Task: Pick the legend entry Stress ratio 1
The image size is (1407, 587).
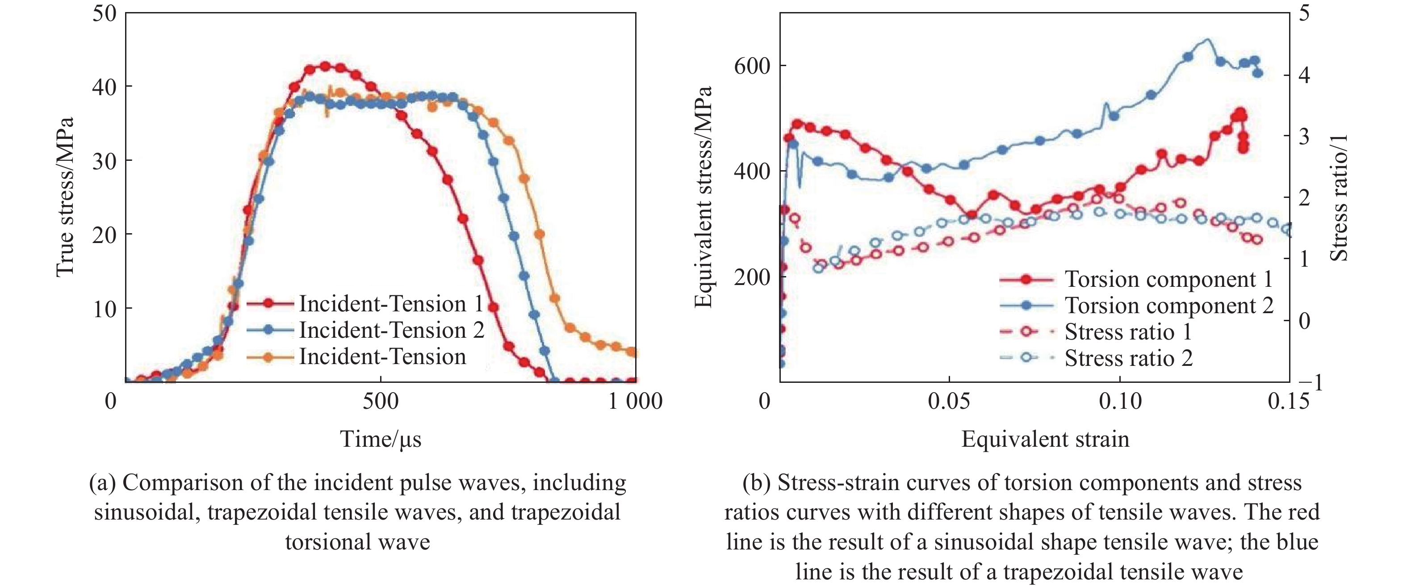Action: point(1127,331)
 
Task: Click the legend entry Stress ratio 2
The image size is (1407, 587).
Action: point(1128,358)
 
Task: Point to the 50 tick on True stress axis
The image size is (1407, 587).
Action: point(105,13)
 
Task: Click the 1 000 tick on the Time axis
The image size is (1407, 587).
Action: point(635,401)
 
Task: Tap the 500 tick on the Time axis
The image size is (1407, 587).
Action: point(381,401)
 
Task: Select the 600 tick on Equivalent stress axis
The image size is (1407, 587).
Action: point(752,66)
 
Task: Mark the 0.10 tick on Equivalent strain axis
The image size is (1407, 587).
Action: point(1120,401)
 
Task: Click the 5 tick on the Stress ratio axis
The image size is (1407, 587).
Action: point(1304,13)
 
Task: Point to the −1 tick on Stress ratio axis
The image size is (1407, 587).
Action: point(1310,383)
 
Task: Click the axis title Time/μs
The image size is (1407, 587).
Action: point(381,439)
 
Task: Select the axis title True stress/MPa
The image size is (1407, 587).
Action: point(64,197)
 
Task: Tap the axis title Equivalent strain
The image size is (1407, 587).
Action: point(1045,439)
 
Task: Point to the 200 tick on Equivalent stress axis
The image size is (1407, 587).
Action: point(752,277)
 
